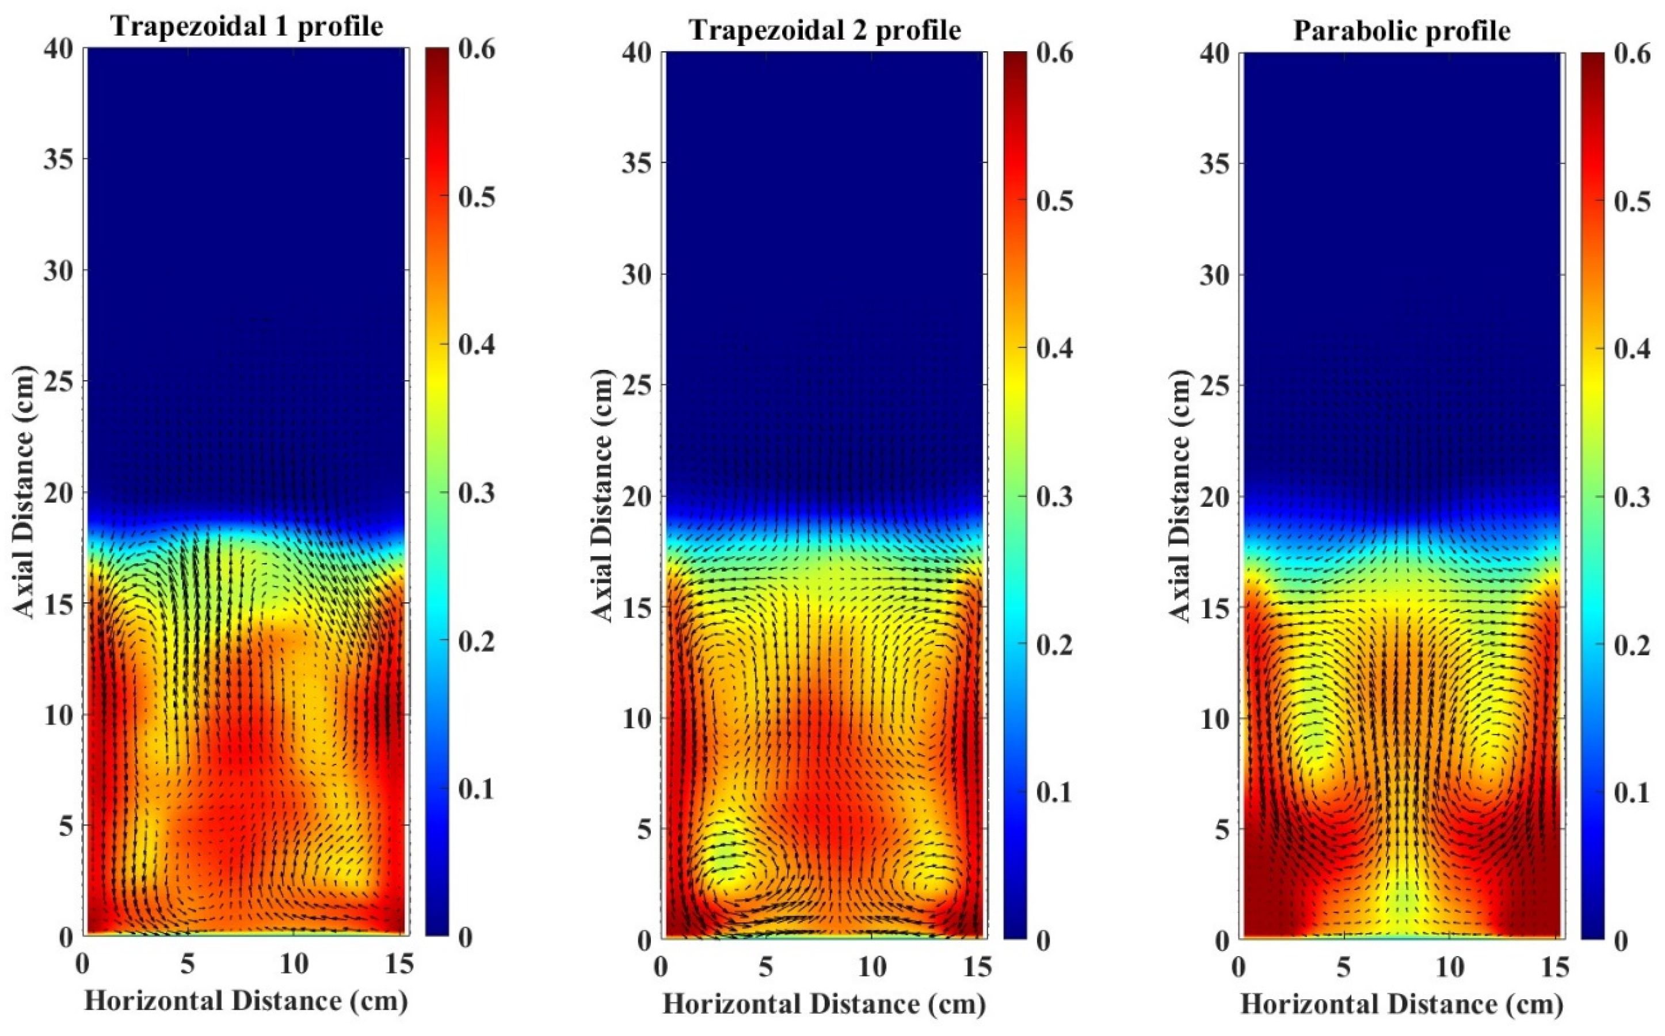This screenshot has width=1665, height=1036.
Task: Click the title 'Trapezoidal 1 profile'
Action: (x=247, y=26)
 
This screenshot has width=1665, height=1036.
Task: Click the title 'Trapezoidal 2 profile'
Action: (x=825, y=30)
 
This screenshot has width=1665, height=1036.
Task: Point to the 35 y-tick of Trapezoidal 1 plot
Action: (x=58, y=159)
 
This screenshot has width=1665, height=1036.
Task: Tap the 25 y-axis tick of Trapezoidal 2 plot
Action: (x=636, y=385)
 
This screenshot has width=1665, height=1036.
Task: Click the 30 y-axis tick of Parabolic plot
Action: (x=1214, y=274)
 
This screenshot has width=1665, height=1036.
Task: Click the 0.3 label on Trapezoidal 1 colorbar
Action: (x=476, y=492)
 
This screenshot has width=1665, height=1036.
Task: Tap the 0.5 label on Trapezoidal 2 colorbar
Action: (x=1054, y=201)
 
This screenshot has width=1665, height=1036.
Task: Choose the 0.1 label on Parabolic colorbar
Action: (x=1632, y=793)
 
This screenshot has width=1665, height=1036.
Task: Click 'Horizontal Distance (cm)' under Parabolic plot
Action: (x=1402, y=1004)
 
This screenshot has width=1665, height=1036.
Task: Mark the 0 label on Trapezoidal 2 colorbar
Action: (x=1043, y=941)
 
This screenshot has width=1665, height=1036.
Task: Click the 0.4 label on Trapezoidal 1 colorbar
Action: (x=476, y=345)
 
